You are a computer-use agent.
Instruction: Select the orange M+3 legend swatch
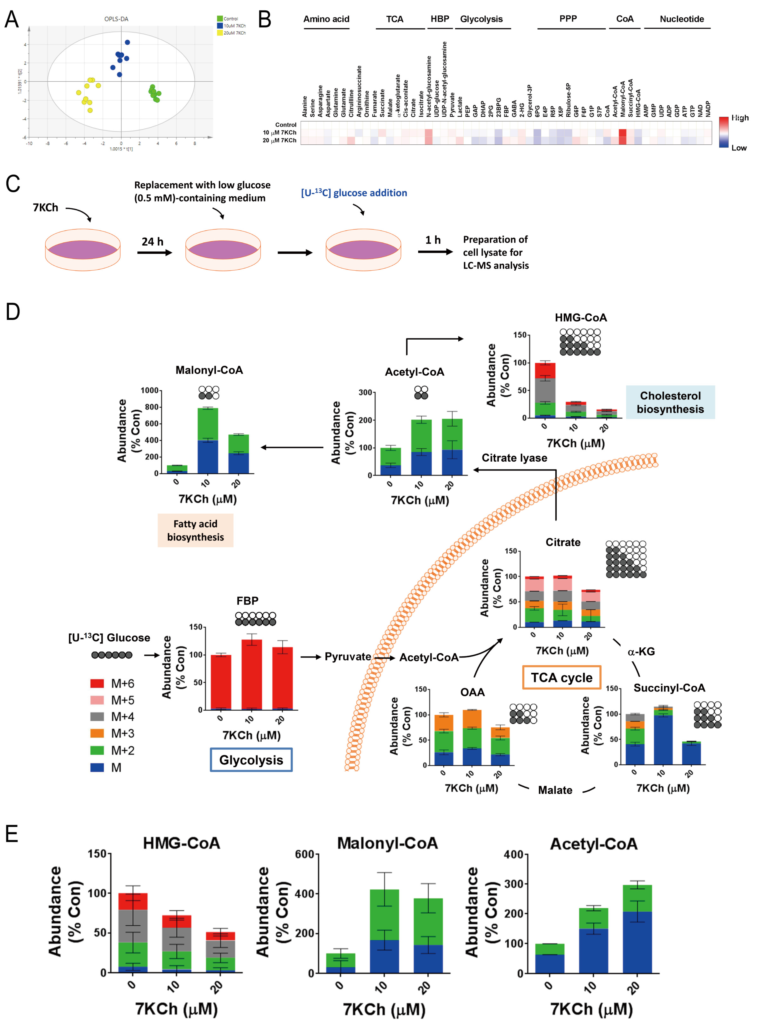point(97,733)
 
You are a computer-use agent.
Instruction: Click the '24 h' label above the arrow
point(152,241)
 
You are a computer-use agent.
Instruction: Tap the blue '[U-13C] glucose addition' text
point(354,193)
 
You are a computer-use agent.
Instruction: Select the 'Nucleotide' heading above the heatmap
point(681,19)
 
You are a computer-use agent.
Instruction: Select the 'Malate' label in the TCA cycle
point(555,790)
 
